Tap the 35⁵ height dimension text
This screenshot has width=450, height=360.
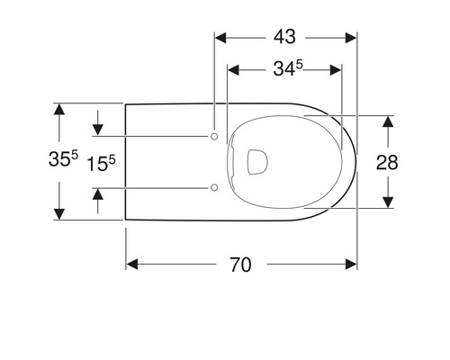63,161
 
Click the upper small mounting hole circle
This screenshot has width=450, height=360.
214,136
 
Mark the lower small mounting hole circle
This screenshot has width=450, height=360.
214,187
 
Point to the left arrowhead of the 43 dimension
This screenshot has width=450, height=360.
220,37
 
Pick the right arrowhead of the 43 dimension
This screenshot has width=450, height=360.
352,37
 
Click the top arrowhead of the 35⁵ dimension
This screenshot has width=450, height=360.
58,110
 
